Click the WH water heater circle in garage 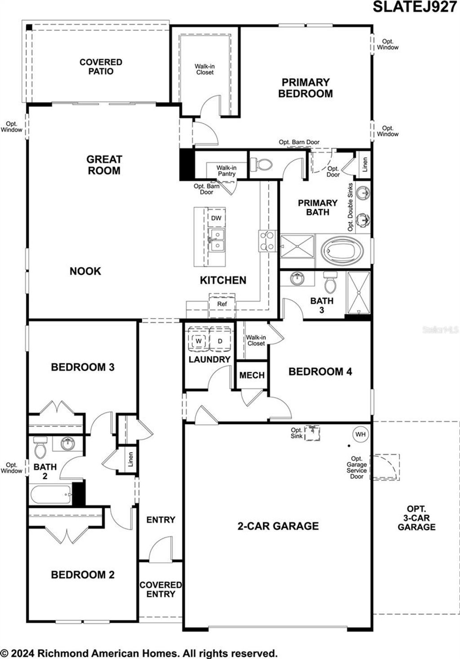click(360, 434)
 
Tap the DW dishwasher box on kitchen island click(216, 219)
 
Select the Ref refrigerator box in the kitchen click(222, 304)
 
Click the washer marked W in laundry click(198, 341)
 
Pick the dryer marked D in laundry click(220, 341)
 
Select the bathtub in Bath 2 click(50, 495)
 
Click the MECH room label click(252, 375)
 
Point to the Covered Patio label click(101, 66)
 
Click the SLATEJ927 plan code click(415, 7)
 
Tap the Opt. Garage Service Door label click(357, 467)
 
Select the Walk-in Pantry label click(226, 171)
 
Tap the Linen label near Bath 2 click(130, 459)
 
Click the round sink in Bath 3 click(297, 278)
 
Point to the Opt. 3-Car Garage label click(416, 518)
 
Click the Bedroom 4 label click(320, 372)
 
